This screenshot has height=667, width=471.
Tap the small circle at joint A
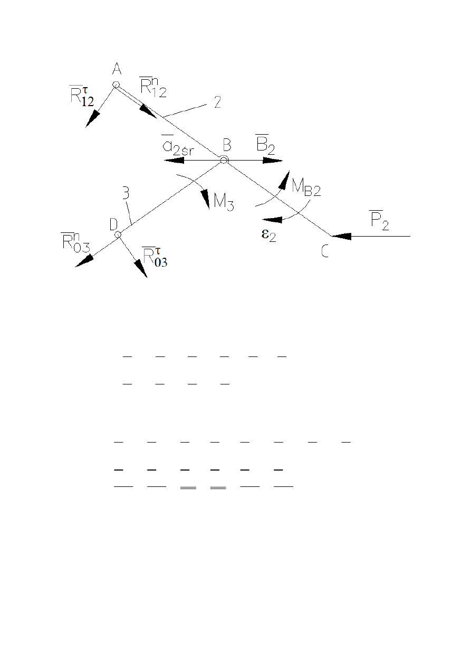pos(116,84)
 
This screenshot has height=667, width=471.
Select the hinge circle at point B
pos(224,160)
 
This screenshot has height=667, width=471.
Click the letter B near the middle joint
pos(227,145)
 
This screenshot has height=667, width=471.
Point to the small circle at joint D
pos(118,234)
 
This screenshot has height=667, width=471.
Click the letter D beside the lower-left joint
pos(113,224)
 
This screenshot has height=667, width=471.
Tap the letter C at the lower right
pos(325,251)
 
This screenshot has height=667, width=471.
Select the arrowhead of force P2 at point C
pos(341,236)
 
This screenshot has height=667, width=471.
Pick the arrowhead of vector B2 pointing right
pos(272,161)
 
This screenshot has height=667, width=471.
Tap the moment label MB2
pos(306,188)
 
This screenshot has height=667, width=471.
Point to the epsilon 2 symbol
pos(269,235)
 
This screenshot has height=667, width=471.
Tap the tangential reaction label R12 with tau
pos(82,96)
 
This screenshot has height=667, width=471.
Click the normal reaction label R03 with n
pos(75,242)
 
